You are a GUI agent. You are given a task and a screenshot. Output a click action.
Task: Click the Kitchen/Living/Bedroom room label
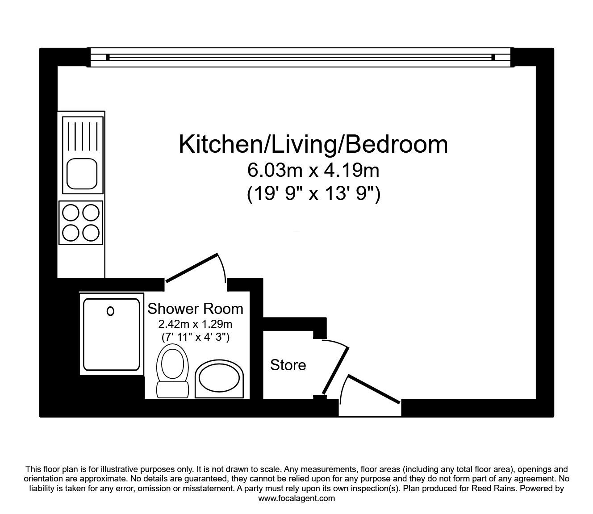click(x=313, y=144)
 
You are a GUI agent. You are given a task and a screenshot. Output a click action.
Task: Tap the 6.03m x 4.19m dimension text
click(x=313, y=170)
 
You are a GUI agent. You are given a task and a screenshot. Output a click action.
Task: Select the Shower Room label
click(x=195, y=309)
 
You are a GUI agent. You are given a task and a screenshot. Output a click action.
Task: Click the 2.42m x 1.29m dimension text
click(x=195, y=324)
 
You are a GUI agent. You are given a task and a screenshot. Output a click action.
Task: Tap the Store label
click(x=288, y=365)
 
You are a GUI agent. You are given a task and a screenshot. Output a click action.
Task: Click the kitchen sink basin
click(x=82, y=174)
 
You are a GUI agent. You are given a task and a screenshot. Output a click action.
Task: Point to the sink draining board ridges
click(x=82, y=133)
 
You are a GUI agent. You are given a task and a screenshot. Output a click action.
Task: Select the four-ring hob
click(x=80, y=223)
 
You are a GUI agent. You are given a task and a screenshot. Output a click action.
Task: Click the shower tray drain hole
click(x=110, y=311)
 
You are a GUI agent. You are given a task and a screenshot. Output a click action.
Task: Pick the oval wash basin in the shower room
click(x=220, y=379)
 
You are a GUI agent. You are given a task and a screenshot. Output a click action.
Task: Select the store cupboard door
click(x=336, y=369)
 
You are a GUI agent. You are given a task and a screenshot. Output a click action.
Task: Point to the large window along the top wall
click(x=300, y=57)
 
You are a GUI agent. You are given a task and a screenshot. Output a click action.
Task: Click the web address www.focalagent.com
click(x=296, y=498)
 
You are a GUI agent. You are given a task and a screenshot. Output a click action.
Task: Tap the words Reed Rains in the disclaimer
click(x=497, y=489)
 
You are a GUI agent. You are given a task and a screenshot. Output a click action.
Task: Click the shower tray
click(x=111, y=334)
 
